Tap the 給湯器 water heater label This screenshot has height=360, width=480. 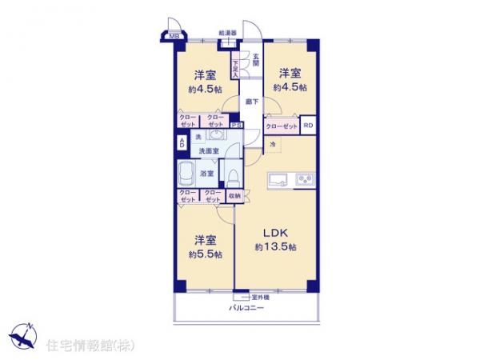pyautogui.click(x=227, y=33)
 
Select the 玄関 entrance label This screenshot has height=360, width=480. pyautogui.click(x=256, y=58)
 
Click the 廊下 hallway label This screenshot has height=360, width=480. pyautogui.click(x=250, y=102)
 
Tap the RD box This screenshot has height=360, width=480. pyautogui.click(x=307, y=126)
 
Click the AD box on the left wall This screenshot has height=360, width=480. pyautogui.click(x=182, y=143)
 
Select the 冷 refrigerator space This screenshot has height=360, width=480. pyautogui.click(x=272, y=144)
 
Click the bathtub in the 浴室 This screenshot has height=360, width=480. pyautogui.click(x=186, y=174)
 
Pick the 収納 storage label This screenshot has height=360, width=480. pyautogui.click(x=234, y=194)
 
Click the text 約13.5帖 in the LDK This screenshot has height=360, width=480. pyautogui.click(x=276, y=247)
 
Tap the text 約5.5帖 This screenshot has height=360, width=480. pyautogui.click(x=206, y=254)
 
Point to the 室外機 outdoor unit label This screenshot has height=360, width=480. pyautogui.click(x=260, y=298)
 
